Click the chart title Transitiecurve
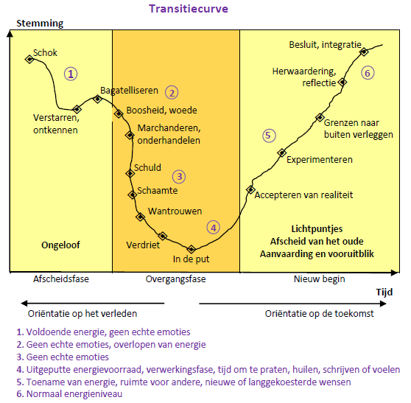point(189,9)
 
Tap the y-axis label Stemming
point(40,24)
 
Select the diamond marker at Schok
point(29,59)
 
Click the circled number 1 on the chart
point(71,74)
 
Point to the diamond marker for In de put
point(192,249)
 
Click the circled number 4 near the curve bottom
point(214,228)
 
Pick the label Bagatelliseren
point(129,91)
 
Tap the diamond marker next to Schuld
point(130,173)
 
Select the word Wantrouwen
point(175,211)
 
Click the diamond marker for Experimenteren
point(282,153)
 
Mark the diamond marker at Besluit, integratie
point(364,52)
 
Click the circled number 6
point(368,73)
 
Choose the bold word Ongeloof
point(60,245)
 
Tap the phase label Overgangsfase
point(175,279)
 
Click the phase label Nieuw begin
point(319,279)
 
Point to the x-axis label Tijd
point(384,292)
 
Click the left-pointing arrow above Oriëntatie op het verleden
point(93,304)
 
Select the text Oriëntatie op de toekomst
point(319,314)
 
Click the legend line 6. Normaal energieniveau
point(69,394)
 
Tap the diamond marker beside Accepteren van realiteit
point(250,189)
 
